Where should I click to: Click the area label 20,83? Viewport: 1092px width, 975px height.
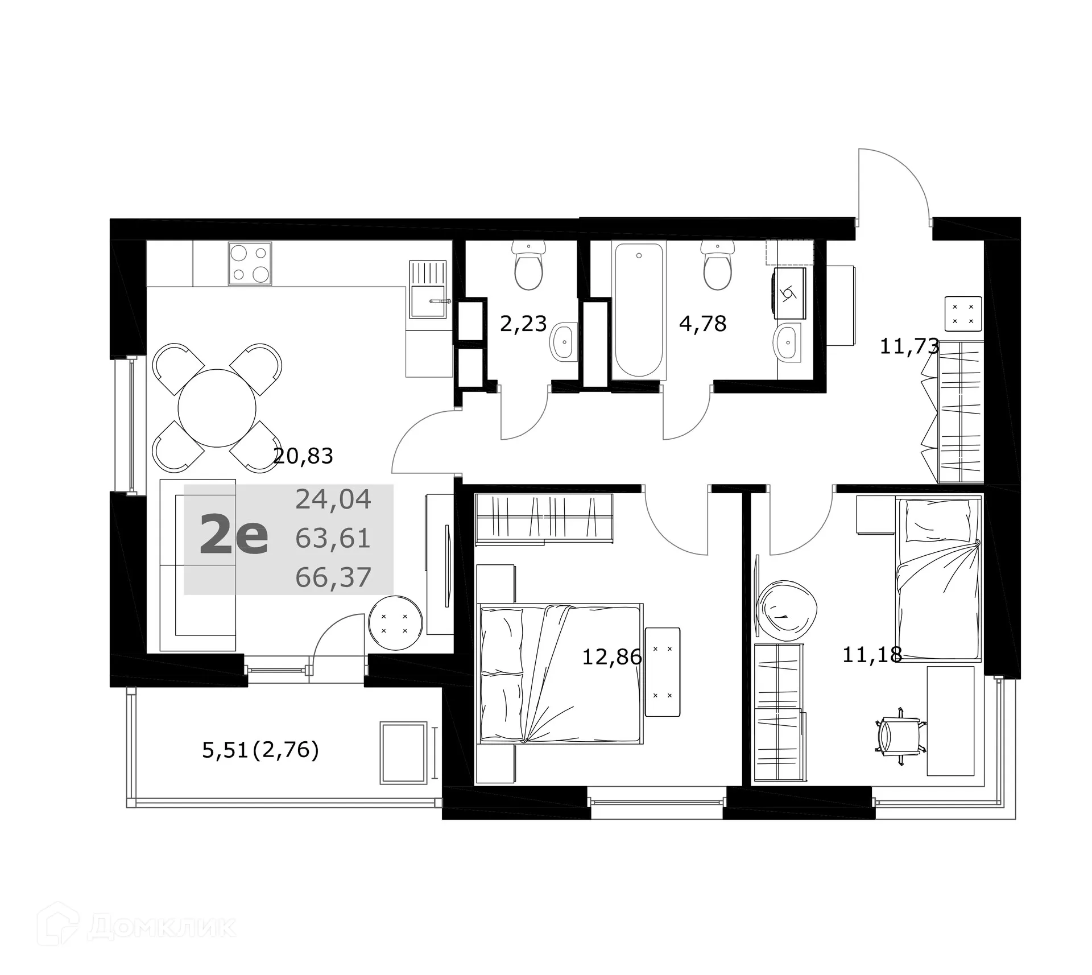pyautogui.click(x=303, y=456)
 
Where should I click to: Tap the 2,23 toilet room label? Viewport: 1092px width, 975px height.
pyautogui.click(x=523, y=324)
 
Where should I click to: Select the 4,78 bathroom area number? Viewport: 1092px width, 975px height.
pyautogui.click(x=703, y=324)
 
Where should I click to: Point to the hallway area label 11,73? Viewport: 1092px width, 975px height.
pyautogui.click(x=909, y=346)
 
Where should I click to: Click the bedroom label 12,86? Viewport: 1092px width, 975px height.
pyautogui.click(x=611, y=657)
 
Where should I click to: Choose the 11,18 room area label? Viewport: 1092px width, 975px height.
pyautogui.click(x=872, y=655)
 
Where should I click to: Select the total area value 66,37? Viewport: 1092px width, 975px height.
pyautogui.click(x=333, y=577)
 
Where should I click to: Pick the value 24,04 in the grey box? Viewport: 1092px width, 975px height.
pyautogui.click(x=333, y=499)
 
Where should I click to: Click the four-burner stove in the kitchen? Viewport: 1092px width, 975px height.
pyautogui.click(x=250, y=263)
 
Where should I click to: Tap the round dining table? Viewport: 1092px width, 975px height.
pyautogui.click(x=217, y=408)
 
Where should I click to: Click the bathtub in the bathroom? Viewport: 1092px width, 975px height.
pyautogui.click(x=639, y=310)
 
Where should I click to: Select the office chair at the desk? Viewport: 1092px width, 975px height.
pyautogui.click(x=900, y=736)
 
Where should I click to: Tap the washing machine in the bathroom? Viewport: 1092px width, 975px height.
pyautogui.click(x=789, y=294)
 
